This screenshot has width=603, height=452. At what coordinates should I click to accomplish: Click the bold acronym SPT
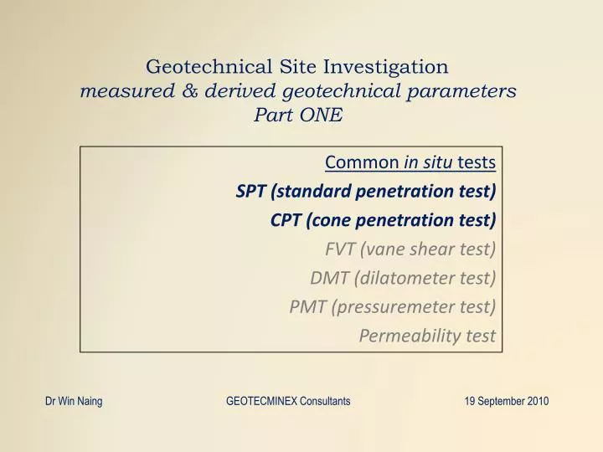(250, 191)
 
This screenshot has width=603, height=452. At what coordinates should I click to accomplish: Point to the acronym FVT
(340, 249)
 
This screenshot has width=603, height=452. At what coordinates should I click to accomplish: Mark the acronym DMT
(328, 278)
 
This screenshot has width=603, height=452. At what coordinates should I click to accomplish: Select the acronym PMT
(307, 306)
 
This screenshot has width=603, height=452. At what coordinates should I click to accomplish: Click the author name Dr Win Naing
(74, 402)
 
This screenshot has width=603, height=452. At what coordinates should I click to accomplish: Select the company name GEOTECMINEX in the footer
(264, 402)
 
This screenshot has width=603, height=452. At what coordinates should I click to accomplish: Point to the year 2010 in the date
(539, 402)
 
